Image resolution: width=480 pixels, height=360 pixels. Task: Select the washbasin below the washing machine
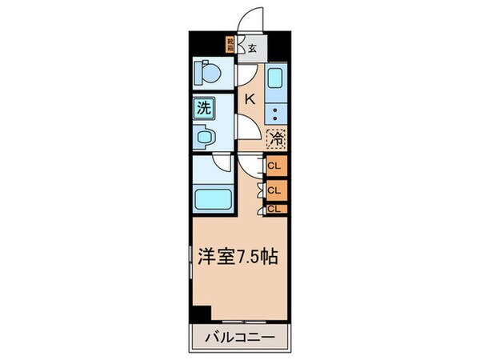(x=206, y=135)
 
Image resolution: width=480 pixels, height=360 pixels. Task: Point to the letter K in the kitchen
(x=249, y=99)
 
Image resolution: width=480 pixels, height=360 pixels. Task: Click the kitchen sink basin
(x=275, y=78)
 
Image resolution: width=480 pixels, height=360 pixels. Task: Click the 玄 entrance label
(x=252, y=48)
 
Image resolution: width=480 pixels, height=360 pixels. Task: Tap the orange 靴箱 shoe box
(x=230, y=45)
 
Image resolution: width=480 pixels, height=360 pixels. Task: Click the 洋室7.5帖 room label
(x=237, y=258)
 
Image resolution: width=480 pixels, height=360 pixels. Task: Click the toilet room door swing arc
(x=247, y=75)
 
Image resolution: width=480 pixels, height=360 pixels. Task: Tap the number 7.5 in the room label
(x=248, y=259)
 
